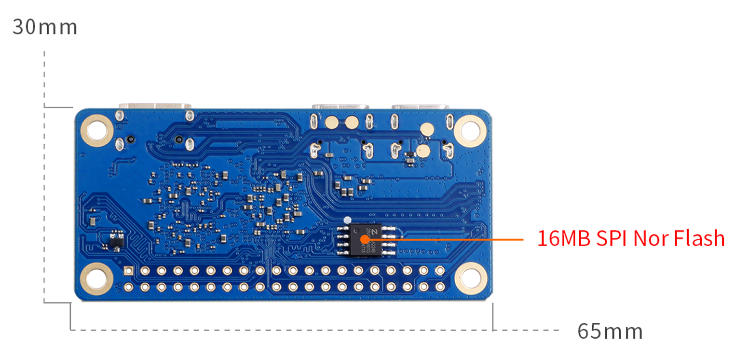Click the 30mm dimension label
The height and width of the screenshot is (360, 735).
[44, 27]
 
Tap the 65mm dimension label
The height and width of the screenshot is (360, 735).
[610, 332]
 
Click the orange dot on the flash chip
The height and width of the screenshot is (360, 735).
[365, 239]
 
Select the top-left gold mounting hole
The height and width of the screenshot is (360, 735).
[97, 129]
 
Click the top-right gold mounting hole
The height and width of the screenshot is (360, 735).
[470, 129]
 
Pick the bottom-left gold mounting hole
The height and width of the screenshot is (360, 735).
[96, 278]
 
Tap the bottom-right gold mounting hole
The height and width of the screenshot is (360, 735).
[470, 278]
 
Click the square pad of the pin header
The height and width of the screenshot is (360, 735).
[128, 271]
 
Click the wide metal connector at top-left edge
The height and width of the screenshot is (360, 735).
[155, 105]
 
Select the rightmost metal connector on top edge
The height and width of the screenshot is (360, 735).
[420, 107]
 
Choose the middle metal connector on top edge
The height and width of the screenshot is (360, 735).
[340, 107]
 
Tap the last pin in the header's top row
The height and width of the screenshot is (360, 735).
[440, 271]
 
